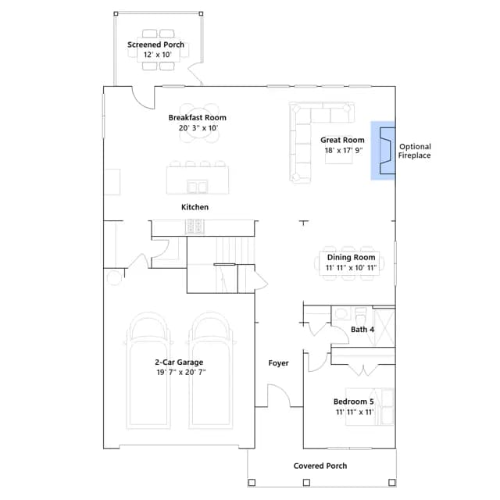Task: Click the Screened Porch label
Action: [155, 45]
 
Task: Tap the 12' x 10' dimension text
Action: [158, 55]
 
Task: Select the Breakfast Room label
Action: [198, 118]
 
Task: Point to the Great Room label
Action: [342, 140]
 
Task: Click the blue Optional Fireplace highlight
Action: [383, 151]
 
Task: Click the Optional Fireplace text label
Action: [415, 151]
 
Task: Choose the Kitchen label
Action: [195, 207]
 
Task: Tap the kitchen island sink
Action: [198, 187]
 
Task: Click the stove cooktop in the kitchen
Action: [195, 227]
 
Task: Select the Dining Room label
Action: [351, 257]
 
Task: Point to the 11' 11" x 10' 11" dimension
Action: [351, 267]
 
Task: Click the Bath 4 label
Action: [362, 330]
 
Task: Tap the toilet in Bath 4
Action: [361, 316]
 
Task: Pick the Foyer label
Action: [278, 362]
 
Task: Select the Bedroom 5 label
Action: [354, 402]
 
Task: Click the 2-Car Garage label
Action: [179, 362]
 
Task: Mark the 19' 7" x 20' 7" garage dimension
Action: [181, 372]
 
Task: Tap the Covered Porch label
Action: [320, 466]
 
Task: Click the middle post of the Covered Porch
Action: [306, 483]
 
